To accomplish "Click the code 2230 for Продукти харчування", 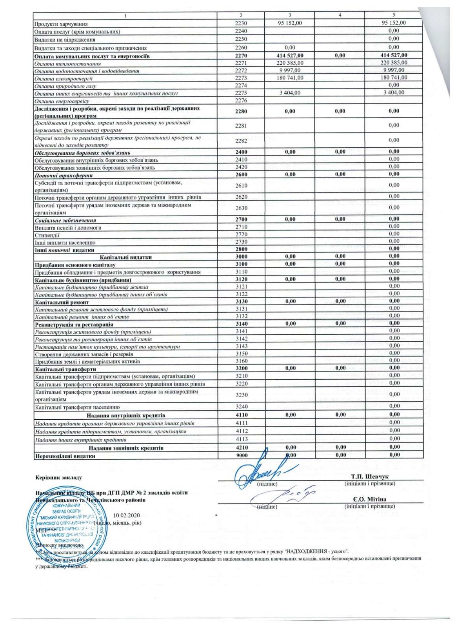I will pyautogui.click(x=241, y=24).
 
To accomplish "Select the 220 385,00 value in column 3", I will pyautogui.click(x=290, y=63).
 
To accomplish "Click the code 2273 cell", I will pyautogui.click(x=241, y=78).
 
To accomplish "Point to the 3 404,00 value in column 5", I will pyautogui.click(x=394, y=93).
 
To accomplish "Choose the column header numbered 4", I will pyautogui.click(x=340, y=15).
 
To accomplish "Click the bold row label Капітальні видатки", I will pyautogui.click(x=125, y=257).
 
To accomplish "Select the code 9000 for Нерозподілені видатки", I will pyautogui.click(x=242, y=455).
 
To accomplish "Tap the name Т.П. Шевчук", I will pyautogui.click(x=370, y=477).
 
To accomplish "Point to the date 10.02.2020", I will pyautogui.click(x=126, y=515).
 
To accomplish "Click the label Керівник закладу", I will pyautogui.click(x=58, y=478).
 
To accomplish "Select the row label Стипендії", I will pyautogui.click(x=47, y=235).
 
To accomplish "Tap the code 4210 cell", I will pyautogui.click(x=242, y=448).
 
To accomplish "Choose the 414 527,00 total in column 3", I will pyautogui.click(x=290, y=56).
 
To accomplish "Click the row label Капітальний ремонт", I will pyautogui.click(x=62, y=303).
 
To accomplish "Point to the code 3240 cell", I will pyautogui.click(x=242, y=407).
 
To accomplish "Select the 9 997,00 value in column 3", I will pyautogui.click(x=290, y=71).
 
